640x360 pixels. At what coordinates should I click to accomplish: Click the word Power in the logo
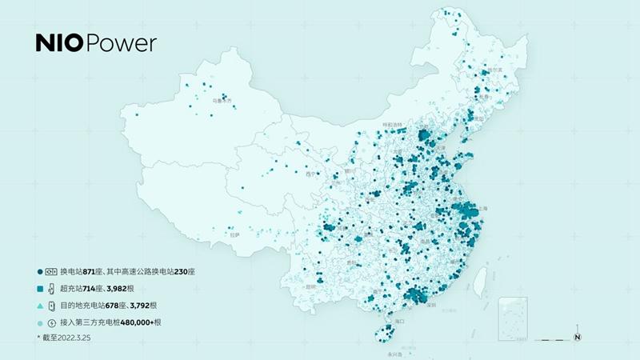120,44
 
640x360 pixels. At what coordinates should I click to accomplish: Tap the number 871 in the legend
102,271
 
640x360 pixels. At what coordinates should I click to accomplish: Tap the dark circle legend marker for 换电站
39,271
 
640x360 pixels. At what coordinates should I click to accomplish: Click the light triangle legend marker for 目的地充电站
39,306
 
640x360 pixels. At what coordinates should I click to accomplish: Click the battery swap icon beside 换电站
52,271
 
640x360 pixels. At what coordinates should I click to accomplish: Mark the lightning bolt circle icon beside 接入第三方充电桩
52,322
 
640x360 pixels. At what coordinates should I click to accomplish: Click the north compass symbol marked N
577,337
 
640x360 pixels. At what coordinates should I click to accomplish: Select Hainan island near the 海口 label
383,330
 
